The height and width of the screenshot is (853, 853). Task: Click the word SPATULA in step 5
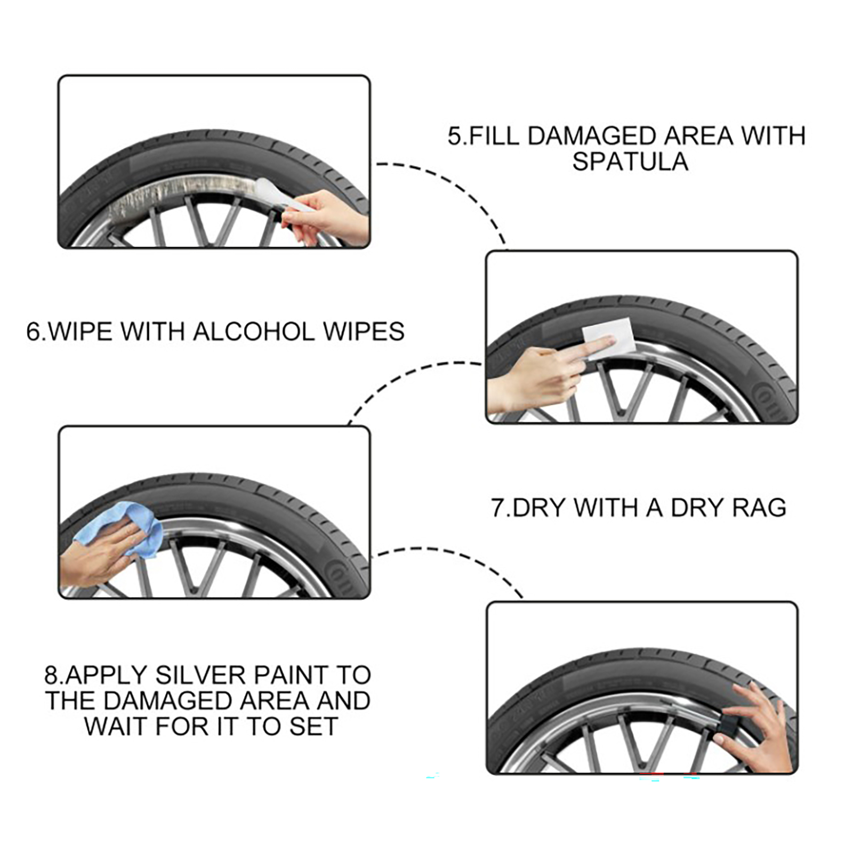(x=630, y=162)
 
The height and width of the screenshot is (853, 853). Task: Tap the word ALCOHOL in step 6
(x=254, y=332)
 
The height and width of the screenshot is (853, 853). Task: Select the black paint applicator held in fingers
(x=736, y=720)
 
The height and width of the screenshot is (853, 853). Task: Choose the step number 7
(x=498, y=507)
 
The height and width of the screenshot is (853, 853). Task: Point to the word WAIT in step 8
(x=114, y=726)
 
